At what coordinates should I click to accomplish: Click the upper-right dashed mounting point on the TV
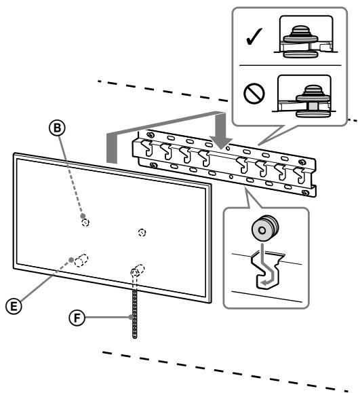pyautogui.click(x=141, y=231)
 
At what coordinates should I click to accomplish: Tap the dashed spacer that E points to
pyautogui.click(x=81, y=260)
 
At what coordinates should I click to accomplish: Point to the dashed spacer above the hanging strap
pyautogui.click(x=136, y=269)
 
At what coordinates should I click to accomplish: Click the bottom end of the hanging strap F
pyautogui.click(x=134, y=335)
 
